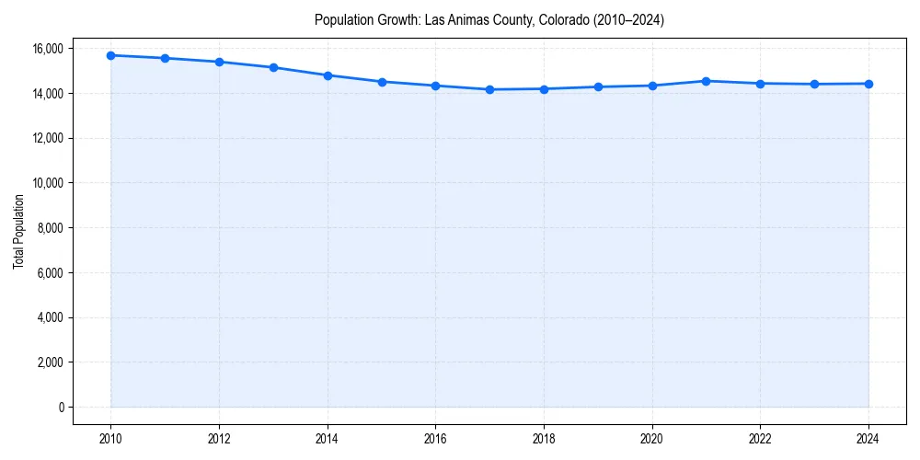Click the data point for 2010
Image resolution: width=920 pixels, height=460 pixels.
point(110,55)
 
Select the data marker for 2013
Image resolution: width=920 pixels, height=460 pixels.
point(273,67)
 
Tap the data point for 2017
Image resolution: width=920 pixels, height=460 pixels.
point(489,89)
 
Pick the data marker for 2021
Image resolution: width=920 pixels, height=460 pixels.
point(706,81)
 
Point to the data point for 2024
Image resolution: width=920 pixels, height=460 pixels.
point(868,84)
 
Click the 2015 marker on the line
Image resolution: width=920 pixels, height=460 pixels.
point(382,82)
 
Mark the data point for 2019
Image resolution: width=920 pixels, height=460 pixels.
point(598,86)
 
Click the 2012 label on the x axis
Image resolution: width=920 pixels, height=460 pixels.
point(219,439)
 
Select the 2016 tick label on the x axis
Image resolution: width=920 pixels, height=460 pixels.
point(435,439)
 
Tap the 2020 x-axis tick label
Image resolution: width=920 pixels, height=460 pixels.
point(652,439)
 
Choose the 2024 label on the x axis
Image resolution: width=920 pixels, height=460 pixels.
point(868,439)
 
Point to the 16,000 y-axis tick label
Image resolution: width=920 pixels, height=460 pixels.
point(47,48)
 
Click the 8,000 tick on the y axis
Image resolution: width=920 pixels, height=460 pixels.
point(50,228)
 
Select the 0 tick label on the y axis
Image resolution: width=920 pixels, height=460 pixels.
point(61,408)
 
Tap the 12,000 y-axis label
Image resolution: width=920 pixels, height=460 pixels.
point(47,138)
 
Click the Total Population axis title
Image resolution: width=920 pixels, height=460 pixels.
point(18,231)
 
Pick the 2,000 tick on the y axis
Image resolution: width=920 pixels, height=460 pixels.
point(50,362)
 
